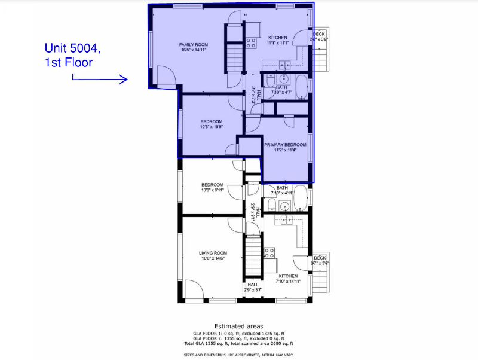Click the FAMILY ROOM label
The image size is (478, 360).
(x=194, y=45)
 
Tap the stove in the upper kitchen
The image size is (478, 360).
(x=252, y=42)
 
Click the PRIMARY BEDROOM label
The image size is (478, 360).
(x=285, y=144)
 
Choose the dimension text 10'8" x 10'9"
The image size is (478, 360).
(x=211, y=127)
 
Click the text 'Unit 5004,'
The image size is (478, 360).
(x=75, y=48)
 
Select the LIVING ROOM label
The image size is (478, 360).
(x=213, y=253)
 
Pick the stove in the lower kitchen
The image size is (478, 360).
(x=269, y=252)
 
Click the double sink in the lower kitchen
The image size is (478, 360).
(x=286, y=221)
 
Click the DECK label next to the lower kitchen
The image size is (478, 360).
(x=320, y=258)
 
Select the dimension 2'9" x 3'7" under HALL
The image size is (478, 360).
(x=253, y=290)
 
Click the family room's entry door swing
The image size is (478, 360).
(x=165, y=75)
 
